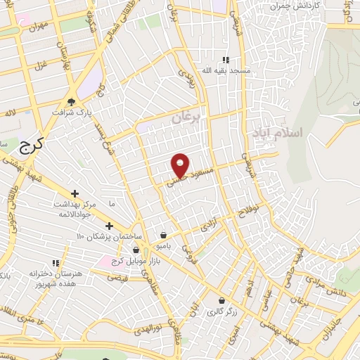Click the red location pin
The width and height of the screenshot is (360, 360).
pos(181,165)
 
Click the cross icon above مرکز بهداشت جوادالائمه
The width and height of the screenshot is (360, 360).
pos(74,193)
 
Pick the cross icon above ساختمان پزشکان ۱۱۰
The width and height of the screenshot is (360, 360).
pos(109,225)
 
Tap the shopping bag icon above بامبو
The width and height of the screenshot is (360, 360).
pos(163,236)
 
